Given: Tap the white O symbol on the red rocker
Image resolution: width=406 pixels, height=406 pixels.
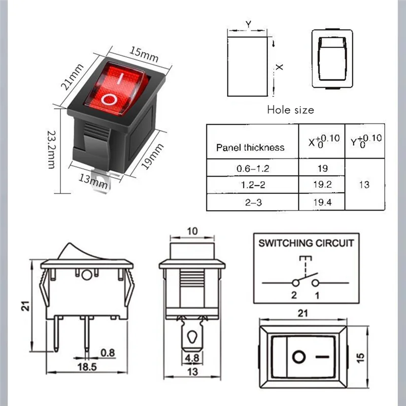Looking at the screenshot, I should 109,98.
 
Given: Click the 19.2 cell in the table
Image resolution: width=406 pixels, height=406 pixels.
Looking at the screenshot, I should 322,185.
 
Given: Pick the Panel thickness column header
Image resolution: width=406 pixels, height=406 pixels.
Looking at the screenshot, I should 250,148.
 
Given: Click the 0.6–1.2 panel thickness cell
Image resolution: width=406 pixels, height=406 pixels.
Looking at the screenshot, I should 250,168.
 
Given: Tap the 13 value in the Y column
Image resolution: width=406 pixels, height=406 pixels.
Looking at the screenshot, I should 364,185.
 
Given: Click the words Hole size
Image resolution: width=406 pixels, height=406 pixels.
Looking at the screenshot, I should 290,110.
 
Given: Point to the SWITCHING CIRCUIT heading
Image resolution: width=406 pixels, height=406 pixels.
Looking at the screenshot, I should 306,243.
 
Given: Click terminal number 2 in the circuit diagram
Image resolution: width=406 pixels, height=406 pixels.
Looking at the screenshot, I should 293,294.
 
